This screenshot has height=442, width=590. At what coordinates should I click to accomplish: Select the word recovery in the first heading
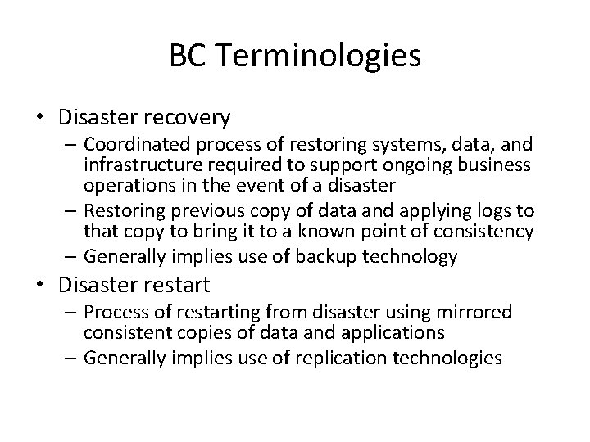pyautogui.click(x=191, y=118)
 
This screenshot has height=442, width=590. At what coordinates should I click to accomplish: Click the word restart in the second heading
pyautogui.click(x=176, y=286)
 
